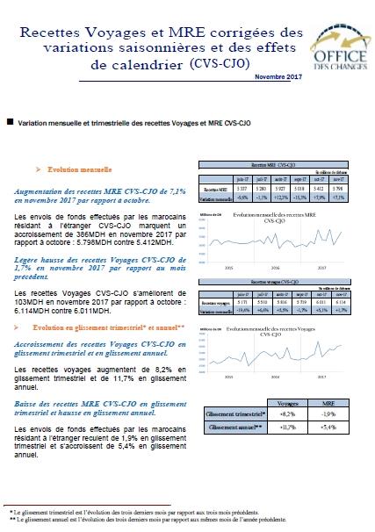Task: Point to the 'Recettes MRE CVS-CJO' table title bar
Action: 278,164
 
